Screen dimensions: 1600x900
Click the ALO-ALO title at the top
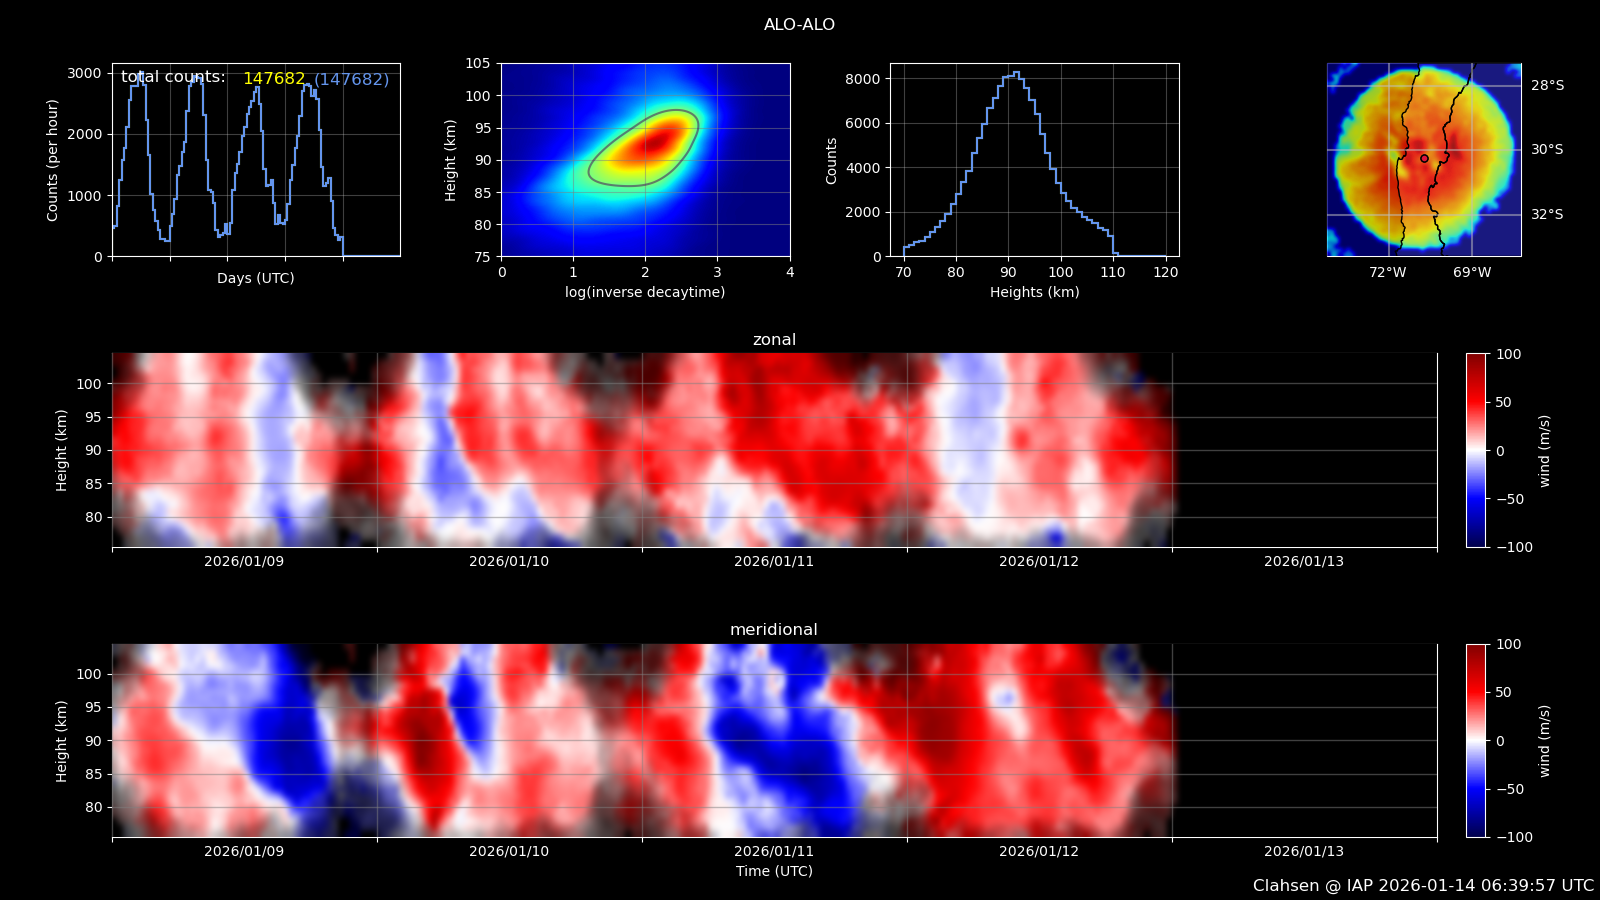pyautogui.click(x=799, y=24)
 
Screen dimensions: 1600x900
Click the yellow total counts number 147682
pyautogui.click(x=274, y=79)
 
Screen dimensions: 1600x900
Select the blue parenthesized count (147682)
pyautogui.click(x=351, y=79)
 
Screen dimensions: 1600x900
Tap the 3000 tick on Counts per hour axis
pyautogui.click(x=84, y=74)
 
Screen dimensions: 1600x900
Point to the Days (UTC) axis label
pyautogui.click(x=256, y=278)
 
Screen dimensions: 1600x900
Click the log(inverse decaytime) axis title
pyautogui.click(x=645, y=291)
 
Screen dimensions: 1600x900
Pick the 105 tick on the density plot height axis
pyautogui.click(x=478, y=64)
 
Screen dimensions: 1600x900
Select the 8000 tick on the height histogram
pyautogui.click(x=862, y=79)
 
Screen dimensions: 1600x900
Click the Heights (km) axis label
pyautogui.click(x=1034, y=291)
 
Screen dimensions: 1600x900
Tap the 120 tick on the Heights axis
pyautogui.click(x=1166, y=272)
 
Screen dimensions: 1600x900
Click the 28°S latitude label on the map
pyautogui.click(x=1547, y=86)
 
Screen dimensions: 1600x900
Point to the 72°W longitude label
pyautogui.click(x=1388, y=272)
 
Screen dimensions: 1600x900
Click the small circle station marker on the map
pyautogui.click(x=1424, y=159)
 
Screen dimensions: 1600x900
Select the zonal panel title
pyautogui.click(x=774, y=339)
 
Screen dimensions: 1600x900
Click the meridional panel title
pyautogui.click(x=774, y=629)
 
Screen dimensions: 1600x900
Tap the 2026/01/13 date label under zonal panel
pyautogui.click(x=1304, y=561)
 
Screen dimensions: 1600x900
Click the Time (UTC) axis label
pyautogui.click(x=774, y=871)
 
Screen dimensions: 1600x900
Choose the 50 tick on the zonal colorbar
pyautogui.click(x=1503, y=402)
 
